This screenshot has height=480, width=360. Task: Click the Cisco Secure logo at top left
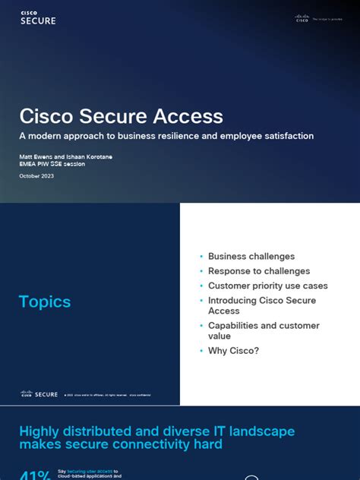point(38,18)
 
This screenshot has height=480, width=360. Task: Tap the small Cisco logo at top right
point(302,18)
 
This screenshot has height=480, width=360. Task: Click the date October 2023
point(36,176)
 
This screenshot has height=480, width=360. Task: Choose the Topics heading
point(45,302)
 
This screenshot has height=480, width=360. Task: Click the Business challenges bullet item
point(251,257)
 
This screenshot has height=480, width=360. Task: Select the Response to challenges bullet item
point(259,271)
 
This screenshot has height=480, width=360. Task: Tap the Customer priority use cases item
point(267,286)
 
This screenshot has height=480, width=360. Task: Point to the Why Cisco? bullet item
point(233,351)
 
